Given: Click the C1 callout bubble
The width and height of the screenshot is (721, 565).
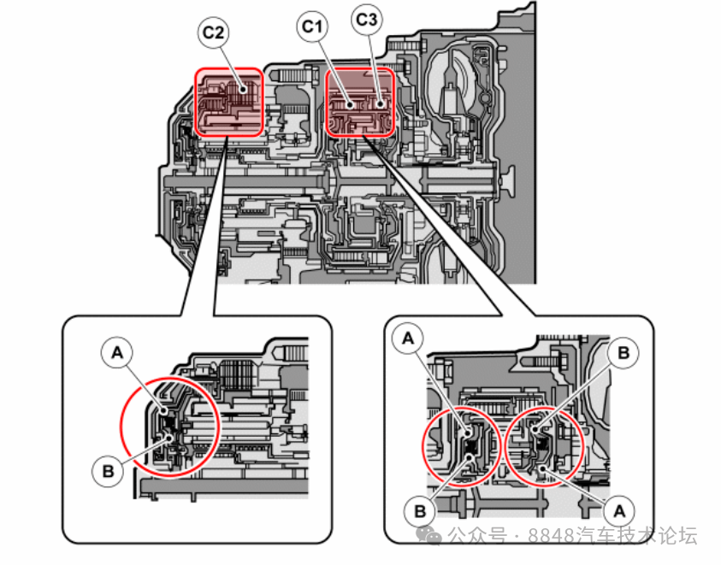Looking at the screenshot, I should pos(312,27).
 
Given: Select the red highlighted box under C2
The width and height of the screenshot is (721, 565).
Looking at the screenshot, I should pos(229,102).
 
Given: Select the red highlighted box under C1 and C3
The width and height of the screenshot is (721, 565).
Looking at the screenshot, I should pos(360,103).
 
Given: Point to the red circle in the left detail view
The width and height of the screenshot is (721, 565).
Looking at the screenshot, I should pos(170,427).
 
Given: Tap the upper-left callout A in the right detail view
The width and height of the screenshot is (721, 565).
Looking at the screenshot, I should pos(409,338).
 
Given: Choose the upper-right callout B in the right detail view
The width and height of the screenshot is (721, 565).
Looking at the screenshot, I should pos(624,351).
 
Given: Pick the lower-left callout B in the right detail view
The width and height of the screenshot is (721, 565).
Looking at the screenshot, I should pos(420,510).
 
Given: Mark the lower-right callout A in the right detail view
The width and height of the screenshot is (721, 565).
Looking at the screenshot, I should pos(618,510).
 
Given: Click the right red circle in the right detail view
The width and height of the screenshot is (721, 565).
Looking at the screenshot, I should pos(544,444).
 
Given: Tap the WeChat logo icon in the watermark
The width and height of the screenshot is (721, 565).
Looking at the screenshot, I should pos(434,536).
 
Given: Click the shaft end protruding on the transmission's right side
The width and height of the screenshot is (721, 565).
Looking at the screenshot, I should pos(510,180).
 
